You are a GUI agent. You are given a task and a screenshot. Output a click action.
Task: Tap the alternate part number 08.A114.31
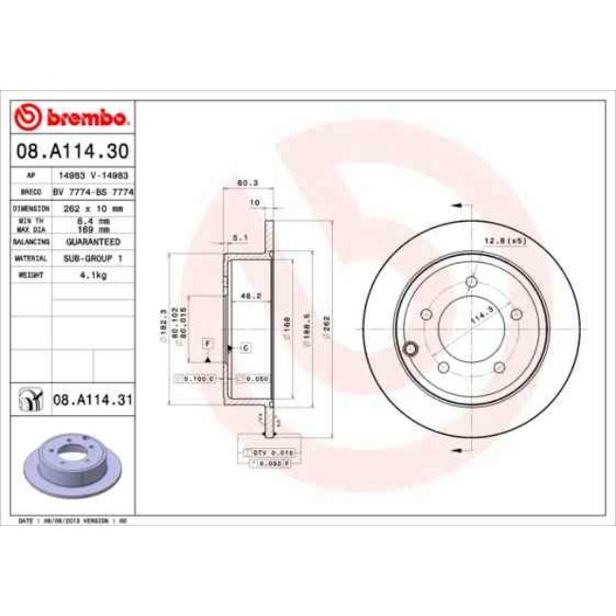(x=91, y=401)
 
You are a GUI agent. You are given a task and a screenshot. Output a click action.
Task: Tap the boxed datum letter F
(x=207, y=341)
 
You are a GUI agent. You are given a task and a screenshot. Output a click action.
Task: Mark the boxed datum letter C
(x=245, y=349)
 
